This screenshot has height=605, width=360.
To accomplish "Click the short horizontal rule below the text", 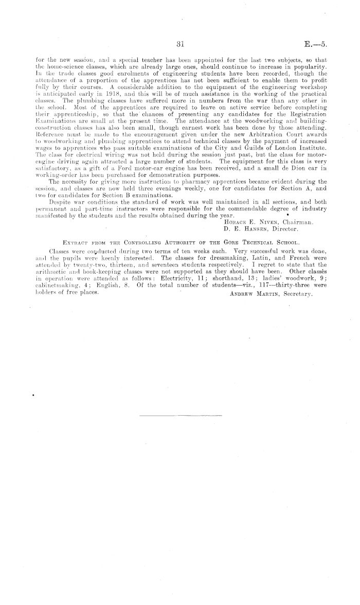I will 180,414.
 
